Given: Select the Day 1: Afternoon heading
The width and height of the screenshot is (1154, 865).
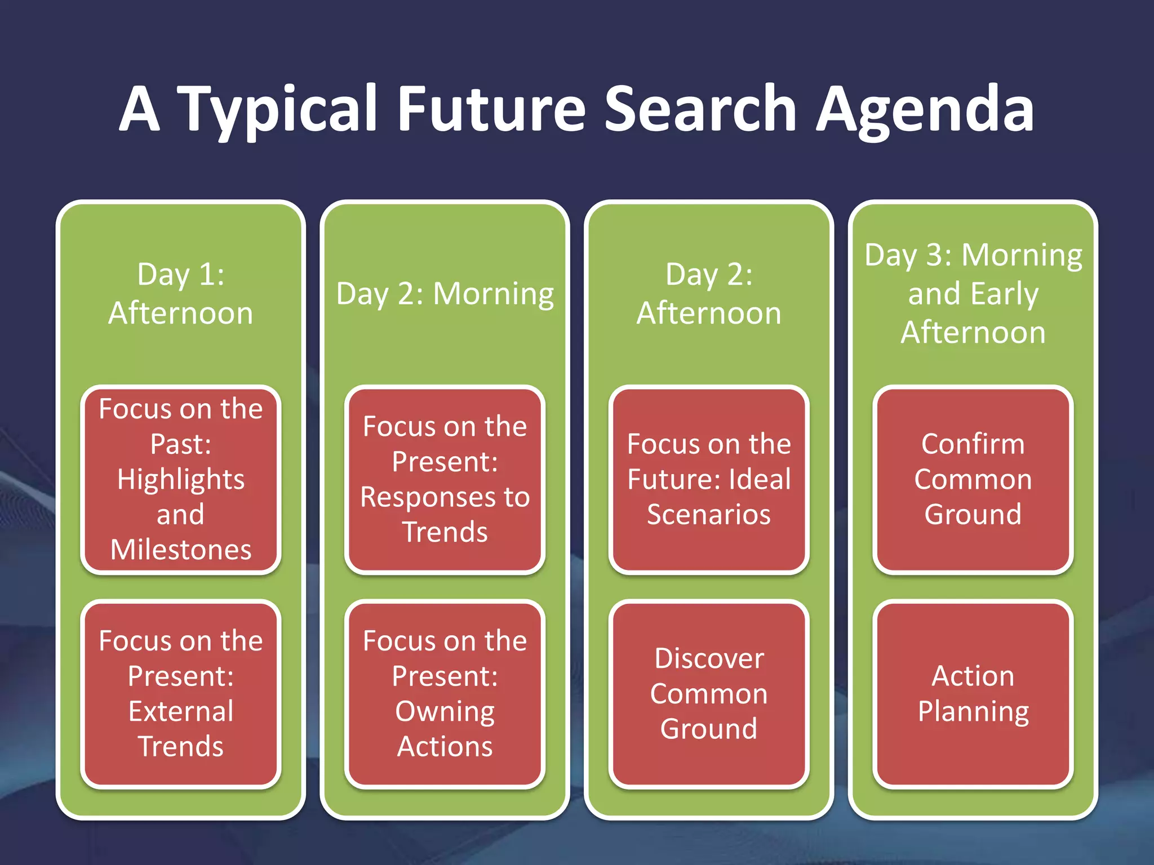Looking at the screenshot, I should pyautogui.click(x=181, y=293).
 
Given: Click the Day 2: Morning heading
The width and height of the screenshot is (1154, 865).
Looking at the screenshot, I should pyautogui.click(x=445, y=293).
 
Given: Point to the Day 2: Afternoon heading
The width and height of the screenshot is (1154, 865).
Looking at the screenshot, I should pyautogui.click(x=709, y=293).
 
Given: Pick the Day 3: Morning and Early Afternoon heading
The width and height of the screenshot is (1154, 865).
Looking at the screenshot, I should pyautogui.click(x=973, y=293).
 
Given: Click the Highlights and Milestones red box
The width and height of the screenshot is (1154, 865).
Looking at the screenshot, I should pyautogui.click(x=181, y=479).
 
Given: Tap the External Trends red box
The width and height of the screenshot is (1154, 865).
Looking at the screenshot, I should pyautogui.click(x=181, y=693).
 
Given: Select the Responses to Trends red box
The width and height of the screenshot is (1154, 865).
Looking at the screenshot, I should pyautogui.click(x=445, y=479).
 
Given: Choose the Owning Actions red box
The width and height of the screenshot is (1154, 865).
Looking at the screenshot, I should pyautogui.click(x=445, y=693).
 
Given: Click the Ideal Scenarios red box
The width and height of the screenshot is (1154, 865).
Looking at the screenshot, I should pyautogui.click(x=709, y=479).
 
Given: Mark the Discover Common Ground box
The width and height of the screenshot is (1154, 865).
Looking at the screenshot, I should pyautogui.click(x=709, y=693).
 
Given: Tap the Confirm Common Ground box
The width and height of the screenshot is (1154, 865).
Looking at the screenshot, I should pyautogui.click(x=973, y=479).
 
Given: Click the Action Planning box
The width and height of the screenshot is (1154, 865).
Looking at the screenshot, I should pyautogui.click(x=973, y=693).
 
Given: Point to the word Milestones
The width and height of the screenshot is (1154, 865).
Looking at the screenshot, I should pyautogui.click(x=181, y=550).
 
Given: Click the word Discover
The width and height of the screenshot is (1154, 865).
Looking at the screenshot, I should pyautogui.click(x=709, y=658).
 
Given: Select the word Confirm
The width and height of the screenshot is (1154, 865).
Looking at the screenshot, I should pyautogui.click(x=973, y=444).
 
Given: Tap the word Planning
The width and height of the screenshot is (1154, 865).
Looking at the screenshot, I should pyautogui.click(x=973, y=711).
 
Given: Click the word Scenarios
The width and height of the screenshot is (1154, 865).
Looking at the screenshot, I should pyautogui.click(x=709, y=514).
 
